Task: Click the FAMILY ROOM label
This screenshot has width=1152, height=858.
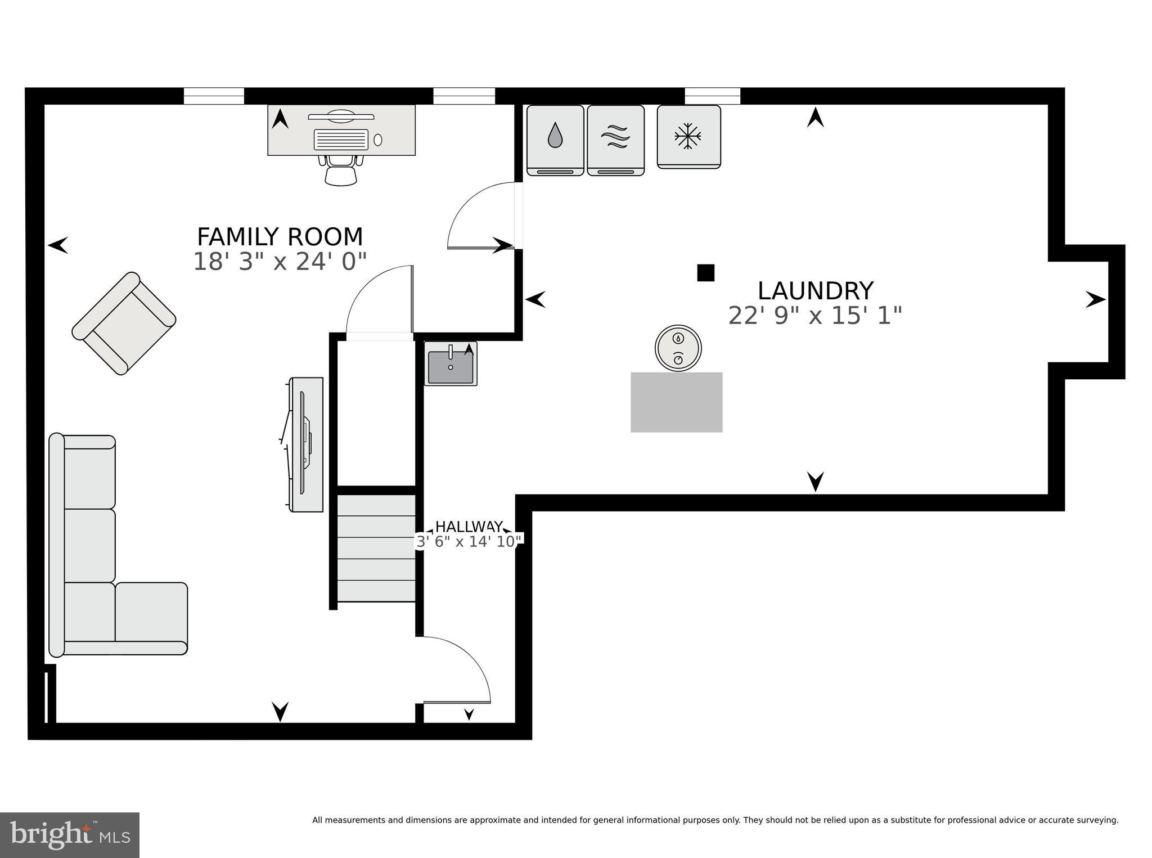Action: click(x=280, y=237)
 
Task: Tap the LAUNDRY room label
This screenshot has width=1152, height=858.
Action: click(x=815, y=291)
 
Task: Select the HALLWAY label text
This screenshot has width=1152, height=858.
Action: click(x=469, y=527)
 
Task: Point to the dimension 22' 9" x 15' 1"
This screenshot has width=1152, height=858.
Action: click(x=815, y=316)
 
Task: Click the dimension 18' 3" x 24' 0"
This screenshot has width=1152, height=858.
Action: click(x=280, y=262)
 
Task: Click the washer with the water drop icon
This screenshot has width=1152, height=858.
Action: click(x=555, y=140)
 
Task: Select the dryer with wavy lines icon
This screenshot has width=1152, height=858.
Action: click(x=615, y=140)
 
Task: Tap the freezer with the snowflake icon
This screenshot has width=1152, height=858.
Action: click(x=688, y=136)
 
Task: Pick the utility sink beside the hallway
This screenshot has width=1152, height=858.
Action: click(x=451, y=363)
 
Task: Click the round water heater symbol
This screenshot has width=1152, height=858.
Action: click(x=678, y=348)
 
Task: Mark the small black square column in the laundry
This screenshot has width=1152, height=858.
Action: click(x=705, y=273)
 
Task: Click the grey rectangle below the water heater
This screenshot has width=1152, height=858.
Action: click(x=676, y=402)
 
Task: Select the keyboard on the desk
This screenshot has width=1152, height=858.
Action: click(x=341, y=139)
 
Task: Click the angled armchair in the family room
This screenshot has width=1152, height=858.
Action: click(x=124, y=324)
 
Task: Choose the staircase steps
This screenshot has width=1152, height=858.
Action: click(x=376, y=547)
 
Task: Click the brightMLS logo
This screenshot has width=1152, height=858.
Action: click(x=69, y=835)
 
